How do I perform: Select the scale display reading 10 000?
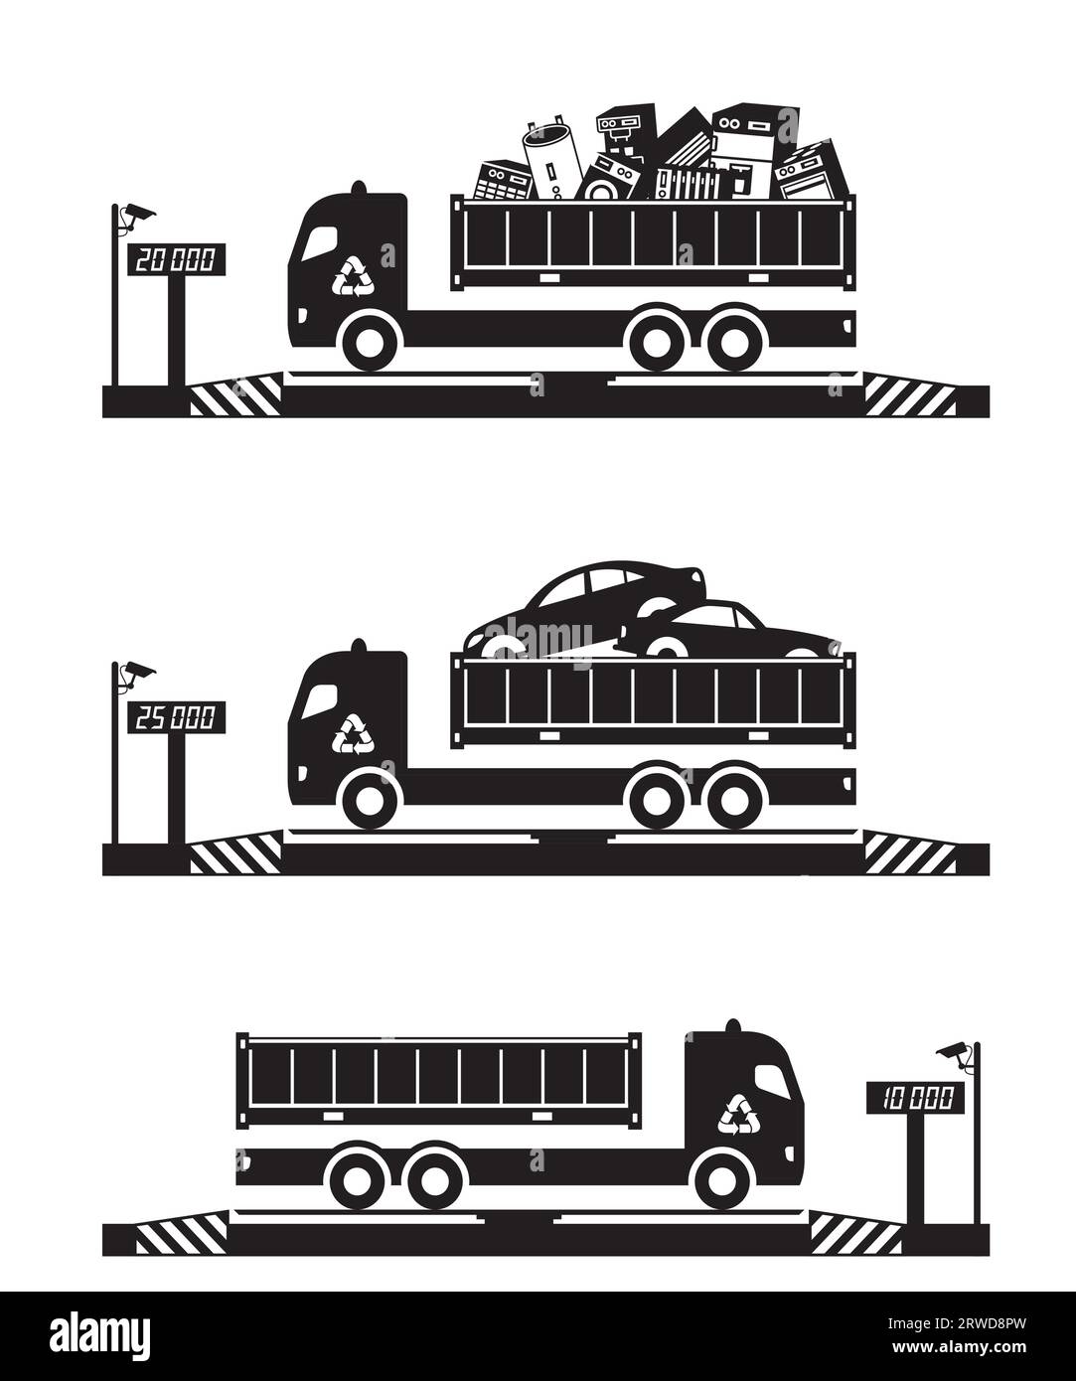pyautogui.click(x=915, y=1097)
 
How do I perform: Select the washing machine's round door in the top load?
pyautogui.click(x=601, y=186)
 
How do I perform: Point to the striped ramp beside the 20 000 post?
pyautogui.click(x=233, y=400)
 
